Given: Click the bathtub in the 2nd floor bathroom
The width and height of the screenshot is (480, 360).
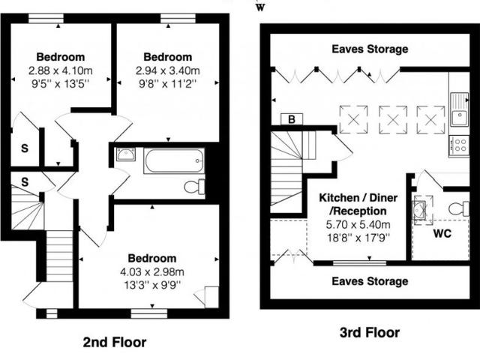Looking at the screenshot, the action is coord(174,160).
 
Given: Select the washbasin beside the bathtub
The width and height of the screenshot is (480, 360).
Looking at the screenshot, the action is coord(125,154).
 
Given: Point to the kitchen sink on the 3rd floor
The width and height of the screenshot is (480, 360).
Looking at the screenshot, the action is coord(460,109).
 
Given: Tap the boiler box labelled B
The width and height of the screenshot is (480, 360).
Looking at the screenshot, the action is coord(292,119).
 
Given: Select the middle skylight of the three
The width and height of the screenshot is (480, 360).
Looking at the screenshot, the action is coord(393,120).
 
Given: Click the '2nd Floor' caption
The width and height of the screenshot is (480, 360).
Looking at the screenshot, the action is coord(115,342).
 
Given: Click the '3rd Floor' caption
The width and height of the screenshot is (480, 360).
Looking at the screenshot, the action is coord(370,332).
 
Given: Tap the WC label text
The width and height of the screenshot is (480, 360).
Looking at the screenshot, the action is coord(442,234).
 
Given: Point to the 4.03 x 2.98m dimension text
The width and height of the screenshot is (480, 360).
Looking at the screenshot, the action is coord(152,271).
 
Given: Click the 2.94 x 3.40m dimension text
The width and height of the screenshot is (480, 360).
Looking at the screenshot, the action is coord(168,70).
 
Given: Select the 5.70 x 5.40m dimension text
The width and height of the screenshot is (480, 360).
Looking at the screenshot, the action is coord(358,225).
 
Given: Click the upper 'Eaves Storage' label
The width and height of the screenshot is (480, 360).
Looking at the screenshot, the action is coord(370,49).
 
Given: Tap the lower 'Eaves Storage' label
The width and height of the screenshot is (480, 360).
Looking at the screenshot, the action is coord(370,281).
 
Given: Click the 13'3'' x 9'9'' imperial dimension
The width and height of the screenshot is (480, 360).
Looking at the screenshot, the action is coord(152,285).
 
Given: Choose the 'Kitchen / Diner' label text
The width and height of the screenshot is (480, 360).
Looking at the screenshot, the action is coord(358,198).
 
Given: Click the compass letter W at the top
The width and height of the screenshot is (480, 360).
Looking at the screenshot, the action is coord(260,8).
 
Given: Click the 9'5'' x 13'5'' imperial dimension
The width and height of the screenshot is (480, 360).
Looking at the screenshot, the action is coord(60,84).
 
